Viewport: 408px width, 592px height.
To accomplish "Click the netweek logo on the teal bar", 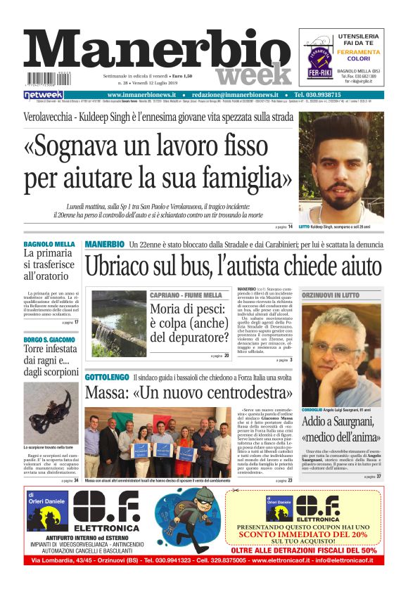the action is click(44, 95).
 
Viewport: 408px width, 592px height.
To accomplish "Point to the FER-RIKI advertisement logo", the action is click(319, 61).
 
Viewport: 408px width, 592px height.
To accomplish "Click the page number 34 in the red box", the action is click(75, 481).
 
